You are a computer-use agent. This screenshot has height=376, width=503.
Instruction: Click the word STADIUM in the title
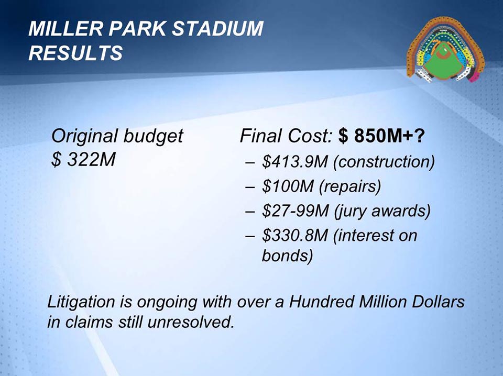coord(217,28)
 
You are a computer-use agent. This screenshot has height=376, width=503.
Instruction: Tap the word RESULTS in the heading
coord(75,52)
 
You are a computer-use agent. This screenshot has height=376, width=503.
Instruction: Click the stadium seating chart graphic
coord(445,49)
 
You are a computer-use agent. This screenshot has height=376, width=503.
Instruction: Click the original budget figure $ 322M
coord(83,159)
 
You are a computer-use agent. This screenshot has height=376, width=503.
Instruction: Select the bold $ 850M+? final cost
coord(381,136)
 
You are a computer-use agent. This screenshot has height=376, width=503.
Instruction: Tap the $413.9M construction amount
coord(295,161)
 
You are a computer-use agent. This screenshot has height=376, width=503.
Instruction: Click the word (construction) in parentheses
coord(384,162)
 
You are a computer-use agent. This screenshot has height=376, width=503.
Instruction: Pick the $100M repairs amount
coord(288,186)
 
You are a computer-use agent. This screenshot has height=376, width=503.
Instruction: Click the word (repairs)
coord(350,187)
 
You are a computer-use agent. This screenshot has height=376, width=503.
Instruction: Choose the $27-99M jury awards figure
coord(295,211)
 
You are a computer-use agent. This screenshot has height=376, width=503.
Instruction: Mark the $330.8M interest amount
coord(295,235)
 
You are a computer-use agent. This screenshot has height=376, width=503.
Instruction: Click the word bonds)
coord(287,256)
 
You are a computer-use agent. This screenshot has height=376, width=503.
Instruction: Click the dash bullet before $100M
coord(250,187)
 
